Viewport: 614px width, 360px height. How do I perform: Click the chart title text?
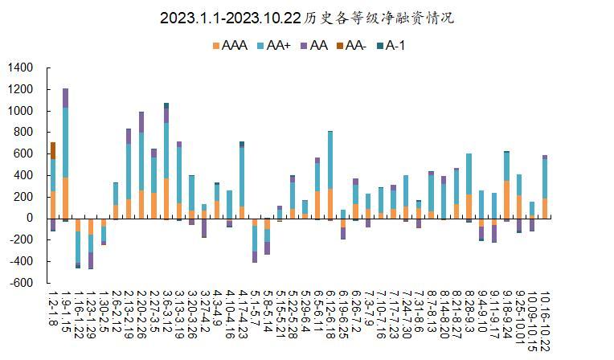point(307,18)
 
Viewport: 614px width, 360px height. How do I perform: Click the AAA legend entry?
point(230,46)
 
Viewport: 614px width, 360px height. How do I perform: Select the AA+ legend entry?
point(274,46)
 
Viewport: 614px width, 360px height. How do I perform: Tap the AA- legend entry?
point(351,46)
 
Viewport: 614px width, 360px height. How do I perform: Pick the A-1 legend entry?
point(391,46)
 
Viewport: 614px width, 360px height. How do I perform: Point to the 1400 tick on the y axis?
point(20,67)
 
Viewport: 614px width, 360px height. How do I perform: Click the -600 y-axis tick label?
point(20,282)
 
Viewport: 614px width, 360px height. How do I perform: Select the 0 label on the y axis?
point(30,218)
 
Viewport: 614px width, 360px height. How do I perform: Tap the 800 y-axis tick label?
point(23,132)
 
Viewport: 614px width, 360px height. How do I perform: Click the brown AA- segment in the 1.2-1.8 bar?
point(53,151)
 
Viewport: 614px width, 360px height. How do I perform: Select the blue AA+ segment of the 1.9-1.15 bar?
point(65,142)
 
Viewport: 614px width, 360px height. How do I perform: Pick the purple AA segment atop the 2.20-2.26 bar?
point(141,122)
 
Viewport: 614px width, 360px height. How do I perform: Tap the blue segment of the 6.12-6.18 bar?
point(330,160)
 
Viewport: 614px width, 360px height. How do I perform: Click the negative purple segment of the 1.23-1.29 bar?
point(91,260)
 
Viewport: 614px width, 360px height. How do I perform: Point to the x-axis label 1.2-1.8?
point(53,308)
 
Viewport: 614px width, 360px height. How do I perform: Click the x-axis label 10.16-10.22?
point(545,321)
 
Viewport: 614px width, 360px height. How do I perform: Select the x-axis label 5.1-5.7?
point(255,308)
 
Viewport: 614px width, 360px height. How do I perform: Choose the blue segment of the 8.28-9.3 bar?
point(469,174)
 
